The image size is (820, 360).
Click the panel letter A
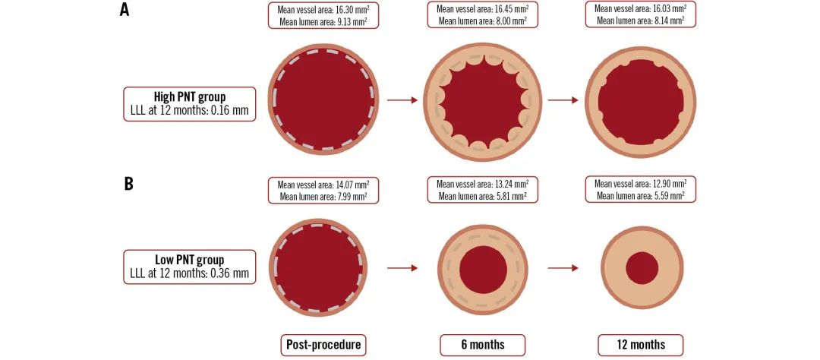(x=124, y=9)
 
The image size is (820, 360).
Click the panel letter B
(x=128, y=185)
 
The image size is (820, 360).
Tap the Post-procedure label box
(x=323, y=345)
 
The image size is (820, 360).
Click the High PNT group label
(x=190, y=96)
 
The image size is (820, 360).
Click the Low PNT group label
(x=190, y=260)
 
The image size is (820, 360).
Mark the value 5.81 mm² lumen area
(x=507, y=196)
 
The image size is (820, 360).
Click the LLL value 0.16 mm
(x=231, y=110)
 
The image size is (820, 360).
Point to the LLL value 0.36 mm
(x=231, y=273)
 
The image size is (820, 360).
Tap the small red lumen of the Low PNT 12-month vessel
(x=642, y=268)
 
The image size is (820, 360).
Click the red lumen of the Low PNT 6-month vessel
(x=483, y=269)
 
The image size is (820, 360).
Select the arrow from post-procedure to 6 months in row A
(x=402, y=99)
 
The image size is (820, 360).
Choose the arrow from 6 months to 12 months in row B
(x=563, y=268)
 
